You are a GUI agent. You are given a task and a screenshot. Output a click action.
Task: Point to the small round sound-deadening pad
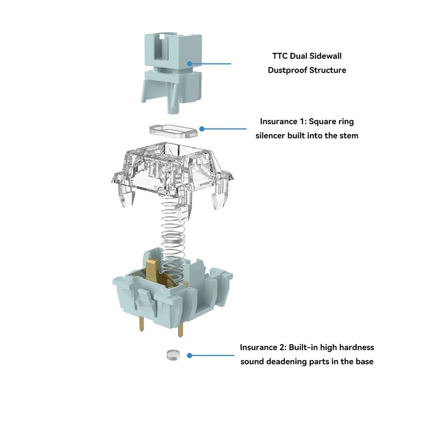[x=171, y=354]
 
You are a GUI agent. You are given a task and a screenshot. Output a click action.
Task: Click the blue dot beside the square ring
[x=202, y=128]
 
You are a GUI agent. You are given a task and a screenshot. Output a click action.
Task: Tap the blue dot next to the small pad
[x=190, y=355]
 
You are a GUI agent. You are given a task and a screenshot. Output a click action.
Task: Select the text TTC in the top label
[x=279, y=56]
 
